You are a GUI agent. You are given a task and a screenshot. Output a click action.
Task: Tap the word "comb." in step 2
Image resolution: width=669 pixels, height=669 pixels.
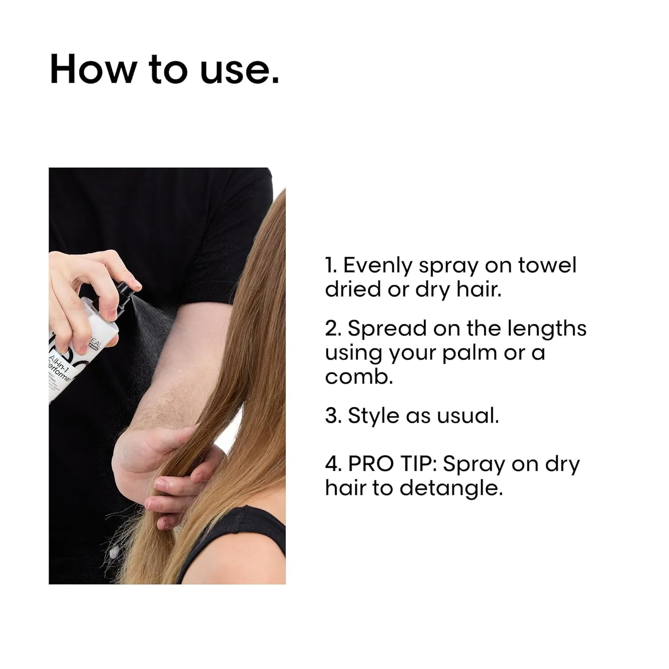(x=359, y=377)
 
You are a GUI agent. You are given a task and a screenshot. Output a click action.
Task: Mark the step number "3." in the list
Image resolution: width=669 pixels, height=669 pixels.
(x=333, y=416)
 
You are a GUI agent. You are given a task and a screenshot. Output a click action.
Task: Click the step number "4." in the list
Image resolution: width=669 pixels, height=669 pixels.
(x=333, y=464)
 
